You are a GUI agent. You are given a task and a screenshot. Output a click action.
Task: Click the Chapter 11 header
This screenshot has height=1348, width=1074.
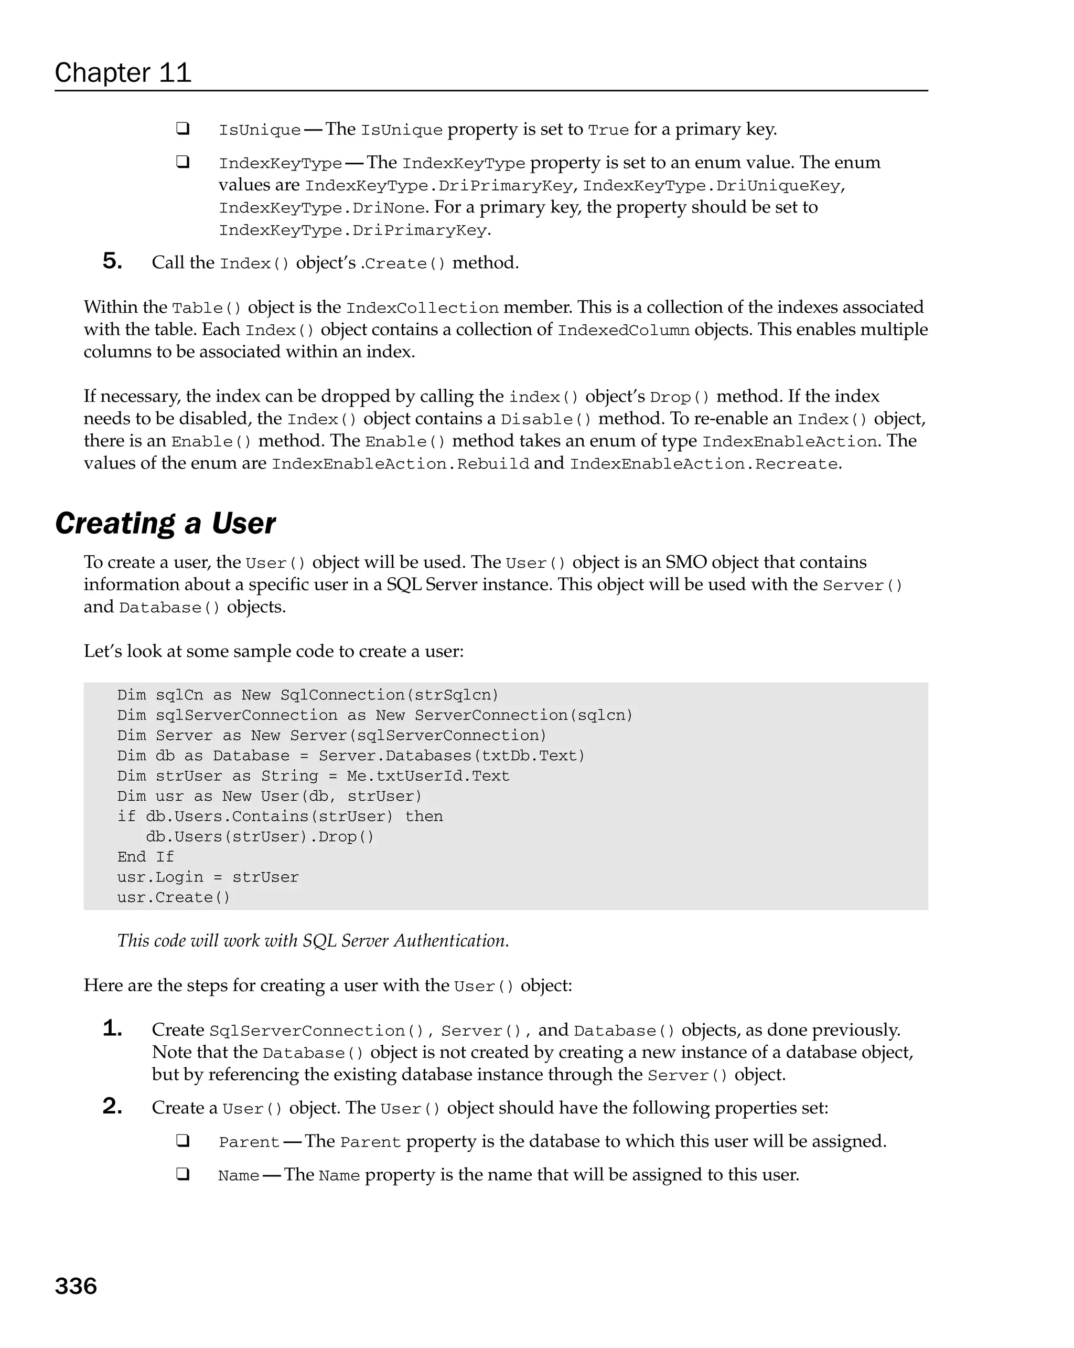pyautogui.click(x=123, y=73)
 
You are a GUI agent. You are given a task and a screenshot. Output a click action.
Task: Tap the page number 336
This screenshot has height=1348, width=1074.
pyautogui.click(x=76, y=1286)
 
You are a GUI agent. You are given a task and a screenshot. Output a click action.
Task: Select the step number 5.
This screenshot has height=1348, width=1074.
pyautogui.click(x=112, y=261)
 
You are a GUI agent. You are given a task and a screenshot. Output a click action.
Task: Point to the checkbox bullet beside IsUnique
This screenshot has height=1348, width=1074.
pyautogui.click(x=182, y=129)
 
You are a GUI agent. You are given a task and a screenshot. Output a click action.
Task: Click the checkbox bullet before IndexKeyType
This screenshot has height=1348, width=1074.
pyautogui.click(x=182, y=162)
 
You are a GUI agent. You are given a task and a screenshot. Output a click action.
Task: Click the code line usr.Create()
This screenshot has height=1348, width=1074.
pyautogui.click(x=174, y=897)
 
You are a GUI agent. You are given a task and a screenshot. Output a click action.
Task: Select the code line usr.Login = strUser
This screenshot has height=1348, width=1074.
pyautogui.click(x=208, y=877)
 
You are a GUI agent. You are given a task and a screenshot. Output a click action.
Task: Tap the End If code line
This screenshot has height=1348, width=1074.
pyautogui.click(x=146, y=856)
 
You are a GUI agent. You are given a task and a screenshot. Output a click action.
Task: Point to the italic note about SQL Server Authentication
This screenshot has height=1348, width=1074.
pyautogui.click(x=313, y=941)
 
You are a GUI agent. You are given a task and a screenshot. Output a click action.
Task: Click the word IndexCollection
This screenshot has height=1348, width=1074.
pyautogui.click(x=422, y=308)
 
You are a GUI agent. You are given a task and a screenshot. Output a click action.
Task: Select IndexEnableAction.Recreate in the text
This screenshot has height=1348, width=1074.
pyautogui.click(x=704, y=464)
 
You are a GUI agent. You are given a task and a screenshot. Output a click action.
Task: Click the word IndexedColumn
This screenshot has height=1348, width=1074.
pyautogui.click(x=623, y=330)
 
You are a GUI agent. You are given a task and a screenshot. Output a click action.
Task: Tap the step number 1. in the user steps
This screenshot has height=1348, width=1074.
pyautogui.click(x=112, y=1028)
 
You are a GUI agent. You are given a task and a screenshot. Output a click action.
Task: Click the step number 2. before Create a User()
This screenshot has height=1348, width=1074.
pyautogui.click(x=112, y=1107)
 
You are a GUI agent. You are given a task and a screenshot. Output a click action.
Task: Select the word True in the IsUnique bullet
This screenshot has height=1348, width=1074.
pyautogui.click(x=608, y=130)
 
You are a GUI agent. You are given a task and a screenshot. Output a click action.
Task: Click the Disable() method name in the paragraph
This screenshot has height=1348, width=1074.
pyautogui.click(x=546, y=420)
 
